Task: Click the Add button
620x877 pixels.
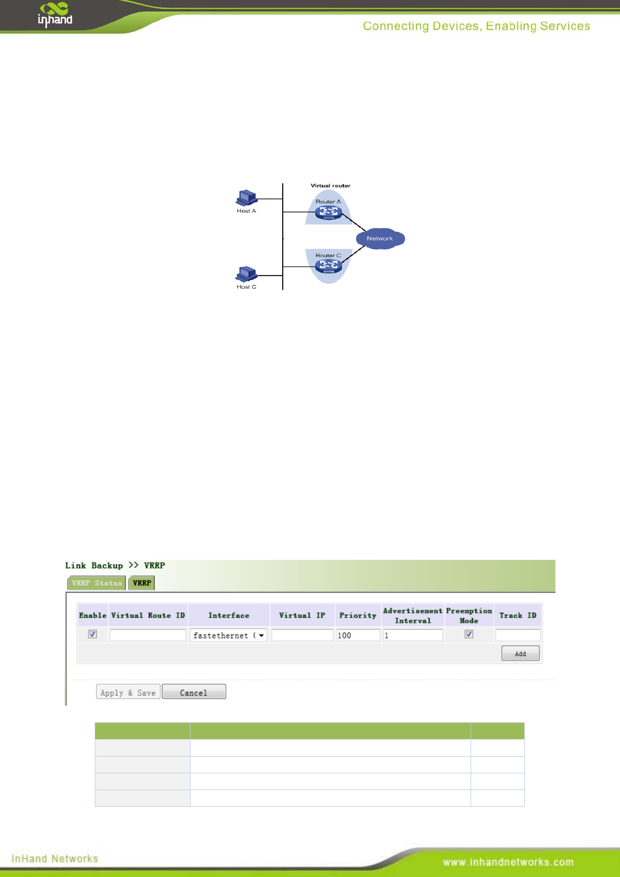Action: click(x=520, y=653)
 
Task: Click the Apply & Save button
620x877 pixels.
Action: click(x=128, y=692)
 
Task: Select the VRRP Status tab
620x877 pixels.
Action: click(x=97, y=583)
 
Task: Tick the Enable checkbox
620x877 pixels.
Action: click(x=93, y=634)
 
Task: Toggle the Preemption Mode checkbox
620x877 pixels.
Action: click(x=469, y=634)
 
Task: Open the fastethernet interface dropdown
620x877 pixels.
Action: click(x=229, y=635)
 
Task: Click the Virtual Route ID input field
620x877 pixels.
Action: click(x=148, y=635)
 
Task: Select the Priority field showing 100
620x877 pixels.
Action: click(x=358, y=635)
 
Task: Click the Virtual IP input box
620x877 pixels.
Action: click(x=302, y=635)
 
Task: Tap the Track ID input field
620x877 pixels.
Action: click(x=518, y=635)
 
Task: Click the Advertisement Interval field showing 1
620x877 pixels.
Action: click(x=413, y=635)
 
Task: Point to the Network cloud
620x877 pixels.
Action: click(x=380, y=239)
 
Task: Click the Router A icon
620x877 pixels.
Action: click(x=328, y=212)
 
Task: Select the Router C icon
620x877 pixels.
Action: click(x=328, y=266)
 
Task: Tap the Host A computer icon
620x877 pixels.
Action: click(x=247, y=198)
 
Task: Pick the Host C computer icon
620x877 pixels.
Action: click(x=247, y=274)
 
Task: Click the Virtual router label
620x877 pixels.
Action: click(x=331, y=185)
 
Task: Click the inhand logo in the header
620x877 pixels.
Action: click(x=55, y=15)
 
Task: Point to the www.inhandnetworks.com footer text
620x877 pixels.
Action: click(x=508, y=862)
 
